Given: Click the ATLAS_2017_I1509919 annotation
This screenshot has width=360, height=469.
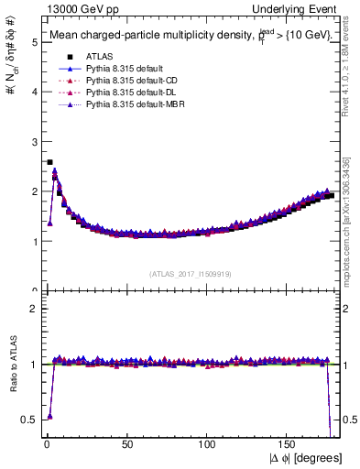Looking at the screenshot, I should [x=190, y=273].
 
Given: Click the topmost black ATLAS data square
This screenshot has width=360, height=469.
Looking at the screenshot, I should [x=49, y=162].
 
